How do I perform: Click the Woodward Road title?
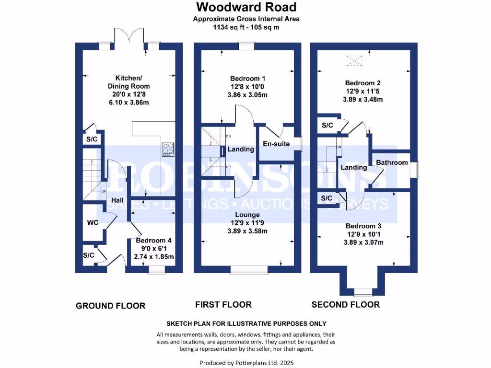coord(246,7)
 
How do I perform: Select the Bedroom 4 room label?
coord(153,241)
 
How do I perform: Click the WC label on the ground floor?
coord(93,223)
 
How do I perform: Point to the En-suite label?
coord(276,143)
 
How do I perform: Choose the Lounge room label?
coord(248,215)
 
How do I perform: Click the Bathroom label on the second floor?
coord(392,162)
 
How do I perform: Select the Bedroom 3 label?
coord(363,226)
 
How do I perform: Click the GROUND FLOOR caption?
coord(110,306)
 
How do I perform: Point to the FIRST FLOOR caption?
coord(223,305)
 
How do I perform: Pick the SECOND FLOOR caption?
coord(345,305)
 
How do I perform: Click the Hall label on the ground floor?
coord(117,200)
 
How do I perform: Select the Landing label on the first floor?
coord(241,149)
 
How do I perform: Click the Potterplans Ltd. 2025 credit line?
coord(245,363)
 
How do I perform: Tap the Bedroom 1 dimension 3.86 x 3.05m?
coord(248,95)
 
